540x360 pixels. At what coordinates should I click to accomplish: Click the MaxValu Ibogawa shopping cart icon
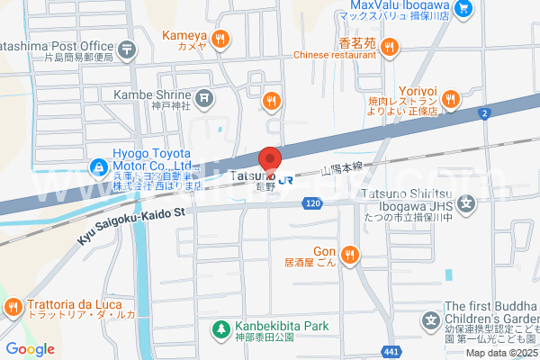(x=463, y=10)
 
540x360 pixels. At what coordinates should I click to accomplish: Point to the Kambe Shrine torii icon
(x=205, y=97)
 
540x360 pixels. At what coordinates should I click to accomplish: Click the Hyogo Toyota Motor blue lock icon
(x=98, y=168)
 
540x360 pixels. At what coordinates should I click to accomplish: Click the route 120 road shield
(x=312, y=204)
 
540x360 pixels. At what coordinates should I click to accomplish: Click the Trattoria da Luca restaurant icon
(x=13, y=308)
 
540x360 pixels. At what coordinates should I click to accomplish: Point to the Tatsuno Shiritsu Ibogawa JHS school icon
(x=466, y=203)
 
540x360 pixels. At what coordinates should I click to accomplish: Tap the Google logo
(x=30, y=349)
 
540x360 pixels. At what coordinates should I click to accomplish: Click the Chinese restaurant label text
(x=334, y=54)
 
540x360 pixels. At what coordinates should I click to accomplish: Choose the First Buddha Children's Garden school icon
(x=431, y=319)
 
